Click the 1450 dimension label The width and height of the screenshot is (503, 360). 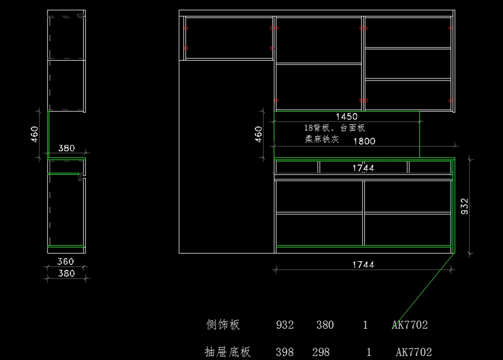(347, 116)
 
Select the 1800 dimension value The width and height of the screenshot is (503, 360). (364, 141)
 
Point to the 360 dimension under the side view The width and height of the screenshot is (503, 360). (66, 261)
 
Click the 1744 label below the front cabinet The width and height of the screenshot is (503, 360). (363, 264)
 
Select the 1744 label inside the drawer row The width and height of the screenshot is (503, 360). (363, 168)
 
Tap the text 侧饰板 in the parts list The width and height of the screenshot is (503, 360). (223, 324)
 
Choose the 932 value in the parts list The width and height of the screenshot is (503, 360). (285, 325)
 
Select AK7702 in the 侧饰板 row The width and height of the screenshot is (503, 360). (410, 325)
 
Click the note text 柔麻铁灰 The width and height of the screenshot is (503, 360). (322, 139)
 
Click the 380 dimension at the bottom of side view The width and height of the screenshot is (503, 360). (66, 274)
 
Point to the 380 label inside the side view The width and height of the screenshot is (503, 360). (66, 148)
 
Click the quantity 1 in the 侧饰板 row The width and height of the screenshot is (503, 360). (365, 325)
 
